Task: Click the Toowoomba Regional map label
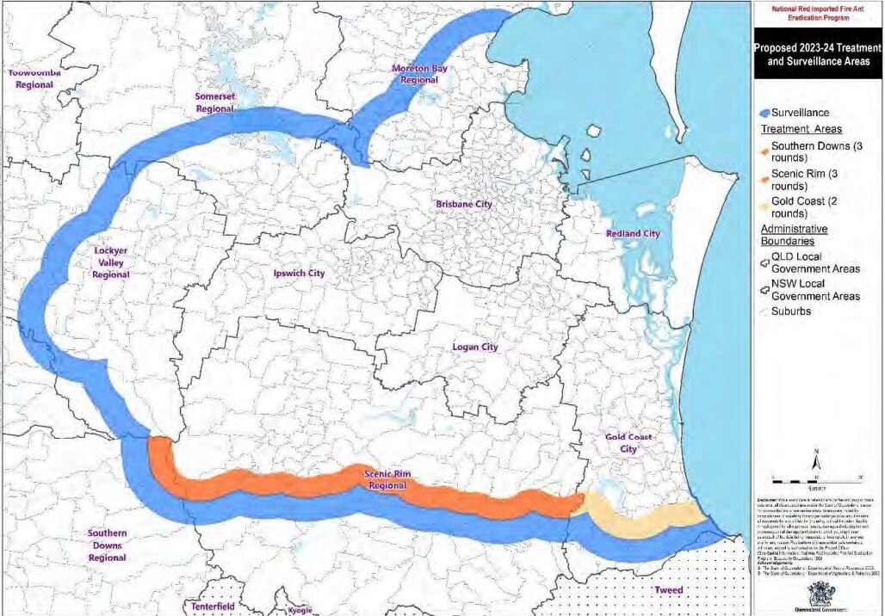click(x=34, y=78)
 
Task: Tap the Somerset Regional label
click(x=215, y=103)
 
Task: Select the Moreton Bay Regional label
click(x=419, y=74)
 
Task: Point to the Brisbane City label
click(x=464, y=204)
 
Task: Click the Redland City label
click(x=633, y=233)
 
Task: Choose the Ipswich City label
click(x=298, y=273)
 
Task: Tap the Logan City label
click(x=476, y=347)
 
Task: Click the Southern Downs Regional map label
click(x=107, y=545)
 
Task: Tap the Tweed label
click(x=668, y=590)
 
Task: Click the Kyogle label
click(x=295, y=610)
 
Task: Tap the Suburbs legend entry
click(x=789, y=311)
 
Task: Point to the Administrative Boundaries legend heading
click(x=794, y=236)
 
